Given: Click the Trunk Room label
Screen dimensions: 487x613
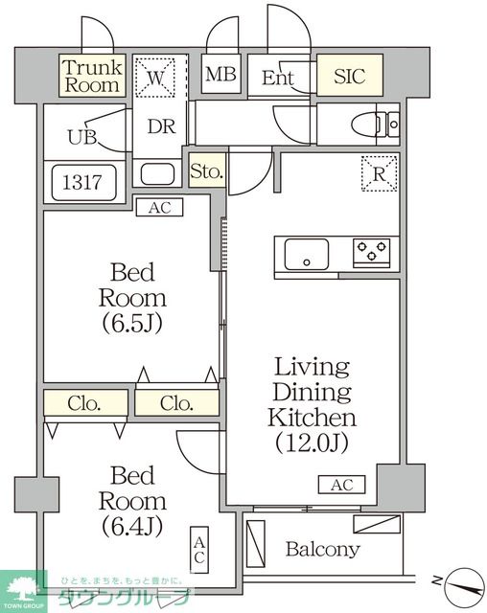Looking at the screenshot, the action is pyautogui.click(x=92, y=76).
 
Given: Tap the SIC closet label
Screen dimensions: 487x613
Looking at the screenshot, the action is pyautogui.click(x=350, y=76).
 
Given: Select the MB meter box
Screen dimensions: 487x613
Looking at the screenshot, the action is pyautogui.click(x=221, y=74).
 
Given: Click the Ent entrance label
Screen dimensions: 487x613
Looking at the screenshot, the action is pyautogui.click(x=277, y=78).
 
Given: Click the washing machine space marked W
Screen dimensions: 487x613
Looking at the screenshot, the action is pyautogui.click(x=155, y=77).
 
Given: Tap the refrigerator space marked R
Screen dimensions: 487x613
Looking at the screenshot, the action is pyautogui.click(x=380, y=173).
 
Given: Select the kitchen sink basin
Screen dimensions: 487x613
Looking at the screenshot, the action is pyautogui.click(x=307, y=254).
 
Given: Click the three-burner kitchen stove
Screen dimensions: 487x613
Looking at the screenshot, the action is pyautogui.click(x=372, y=253).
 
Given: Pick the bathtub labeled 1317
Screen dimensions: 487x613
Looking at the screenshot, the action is pyautogui.click(x=84, y=183).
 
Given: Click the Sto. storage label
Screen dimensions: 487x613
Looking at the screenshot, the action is pyautogui.click(x=207, y=171).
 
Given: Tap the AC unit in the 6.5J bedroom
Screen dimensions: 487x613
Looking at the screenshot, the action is pyautogui.click(x=159, y=207).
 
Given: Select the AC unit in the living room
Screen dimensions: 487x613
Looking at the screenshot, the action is pyautogui.click(x=342, y=485).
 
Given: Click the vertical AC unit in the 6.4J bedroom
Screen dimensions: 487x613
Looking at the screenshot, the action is pyautogui.click(x=199, y=550).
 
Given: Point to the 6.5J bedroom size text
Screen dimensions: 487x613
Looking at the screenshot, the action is pyautogui.click(x=132, y=324).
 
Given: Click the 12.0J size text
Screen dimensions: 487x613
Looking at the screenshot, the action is pyautogui.click(x=312, y=443).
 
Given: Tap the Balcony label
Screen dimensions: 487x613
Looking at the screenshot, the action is pyautogui.click(x=323, y=549).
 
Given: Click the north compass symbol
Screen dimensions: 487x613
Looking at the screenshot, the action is pyautogui.click(x=464, y=586).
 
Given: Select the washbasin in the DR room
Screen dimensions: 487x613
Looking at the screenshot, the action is pyautogui.click(x=157, y=174).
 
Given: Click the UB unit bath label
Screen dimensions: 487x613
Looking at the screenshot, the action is pyautogui.click(x=82, y=137).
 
